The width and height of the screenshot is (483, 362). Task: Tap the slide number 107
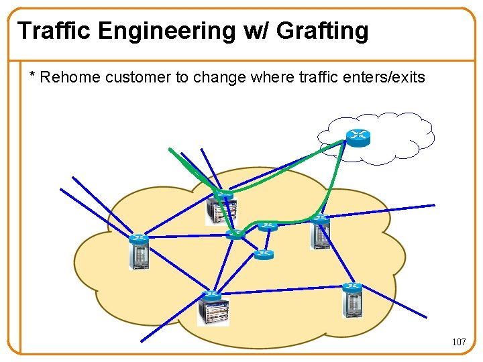tap(459, 342)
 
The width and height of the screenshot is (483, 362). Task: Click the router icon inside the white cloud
tap(358, 136)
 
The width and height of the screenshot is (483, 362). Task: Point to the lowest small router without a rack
tap(264, 254)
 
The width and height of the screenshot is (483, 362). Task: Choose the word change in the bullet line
tap(219, 78)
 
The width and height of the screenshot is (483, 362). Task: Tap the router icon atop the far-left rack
tap(140, 238)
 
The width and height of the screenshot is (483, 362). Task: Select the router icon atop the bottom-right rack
tap(352, 287)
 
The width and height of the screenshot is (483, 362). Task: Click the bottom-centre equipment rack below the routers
tap(213, 312)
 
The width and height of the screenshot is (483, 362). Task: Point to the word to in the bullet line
tap(182, 78)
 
